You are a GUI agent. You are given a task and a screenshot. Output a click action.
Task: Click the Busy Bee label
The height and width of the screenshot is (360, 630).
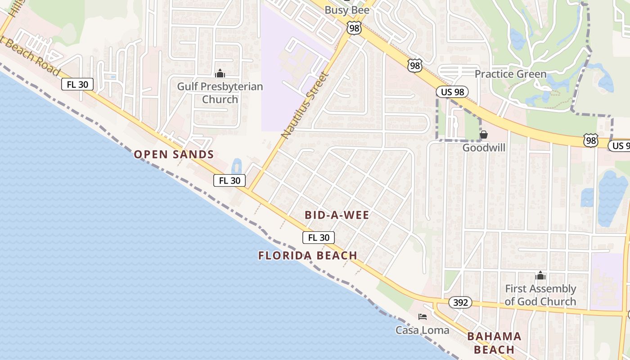(346, 10)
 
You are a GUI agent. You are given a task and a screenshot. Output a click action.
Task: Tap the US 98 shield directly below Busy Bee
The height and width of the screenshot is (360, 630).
(353, 28)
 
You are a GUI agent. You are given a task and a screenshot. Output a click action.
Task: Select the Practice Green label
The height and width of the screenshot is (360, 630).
(510, 74)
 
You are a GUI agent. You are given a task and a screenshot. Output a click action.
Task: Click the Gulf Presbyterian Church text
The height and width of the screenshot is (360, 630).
(220, 93)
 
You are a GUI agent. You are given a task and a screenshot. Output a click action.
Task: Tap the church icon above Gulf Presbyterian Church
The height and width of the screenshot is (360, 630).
(220, 73)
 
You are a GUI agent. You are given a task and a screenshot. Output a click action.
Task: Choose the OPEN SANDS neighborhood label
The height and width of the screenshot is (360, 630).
(174, 154)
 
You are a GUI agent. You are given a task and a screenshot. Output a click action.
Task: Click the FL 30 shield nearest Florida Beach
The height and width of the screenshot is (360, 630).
(319, 238)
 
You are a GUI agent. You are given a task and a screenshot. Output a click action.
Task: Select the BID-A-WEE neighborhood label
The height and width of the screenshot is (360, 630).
(337, 215)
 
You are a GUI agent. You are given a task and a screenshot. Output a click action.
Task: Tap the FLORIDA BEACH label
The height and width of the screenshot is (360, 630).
(308, 256)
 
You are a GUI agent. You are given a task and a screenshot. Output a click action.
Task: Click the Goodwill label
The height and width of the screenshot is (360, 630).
(484, 148)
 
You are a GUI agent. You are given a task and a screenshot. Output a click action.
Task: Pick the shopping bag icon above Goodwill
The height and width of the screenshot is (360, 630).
(484, 135)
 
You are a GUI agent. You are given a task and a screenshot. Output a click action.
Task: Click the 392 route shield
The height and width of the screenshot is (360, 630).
(460, 302)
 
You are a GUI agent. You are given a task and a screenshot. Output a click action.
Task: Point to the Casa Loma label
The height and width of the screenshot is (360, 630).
(422, 330)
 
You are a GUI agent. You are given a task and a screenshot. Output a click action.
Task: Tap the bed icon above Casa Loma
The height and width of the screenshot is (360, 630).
(422, 317)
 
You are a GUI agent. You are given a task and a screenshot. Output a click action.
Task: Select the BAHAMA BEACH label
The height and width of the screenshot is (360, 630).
(494, 343)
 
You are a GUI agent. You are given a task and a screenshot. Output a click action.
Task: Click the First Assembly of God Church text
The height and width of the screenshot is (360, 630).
(540, 295)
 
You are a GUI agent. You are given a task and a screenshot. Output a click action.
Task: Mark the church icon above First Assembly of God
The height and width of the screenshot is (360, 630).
(540, 276)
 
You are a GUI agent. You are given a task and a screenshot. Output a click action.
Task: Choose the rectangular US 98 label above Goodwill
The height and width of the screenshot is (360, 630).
(452, 92)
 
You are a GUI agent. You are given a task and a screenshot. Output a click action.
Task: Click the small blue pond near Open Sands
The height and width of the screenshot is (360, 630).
(236, 166)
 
